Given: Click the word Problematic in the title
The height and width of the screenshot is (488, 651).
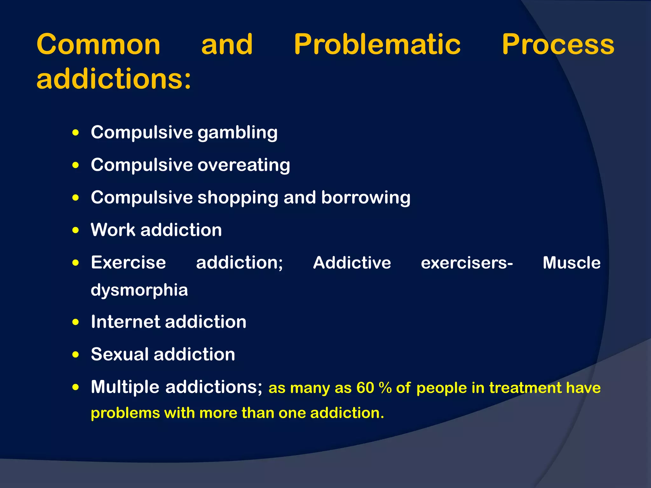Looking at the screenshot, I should tap(377, 44).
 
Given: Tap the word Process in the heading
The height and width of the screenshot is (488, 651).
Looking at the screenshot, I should tap(558, 44).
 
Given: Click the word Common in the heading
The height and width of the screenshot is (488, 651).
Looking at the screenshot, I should tap(99, 44).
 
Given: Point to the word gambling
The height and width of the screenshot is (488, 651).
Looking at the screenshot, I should tap(237, 133).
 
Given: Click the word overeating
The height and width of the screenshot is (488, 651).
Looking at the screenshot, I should tap(244, 165).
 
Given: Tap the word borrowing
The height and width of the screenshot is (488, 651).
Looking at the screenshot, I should tap(366, 198).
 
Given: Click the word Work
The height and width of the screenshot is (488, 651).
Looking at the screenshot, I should tap(113, 230).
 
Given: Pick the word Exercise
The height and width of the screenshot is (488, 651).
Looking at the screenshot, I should tap(128, 263).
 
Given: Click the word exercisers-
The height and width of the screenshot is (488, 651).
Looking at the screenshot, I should tap(467, 263).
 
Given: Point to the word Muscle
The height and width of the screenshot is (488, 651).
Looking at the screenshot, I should tap(572, 263).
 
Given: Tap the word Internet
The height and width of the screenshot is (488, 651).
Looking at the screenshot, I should tap(125, 322).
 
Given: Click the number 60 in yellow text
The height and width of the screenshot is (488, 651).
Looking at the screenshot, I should tap(365, 388).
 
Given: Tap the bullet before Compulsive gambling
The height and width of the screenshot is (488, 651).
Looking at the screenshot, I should tap(75, 133).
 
